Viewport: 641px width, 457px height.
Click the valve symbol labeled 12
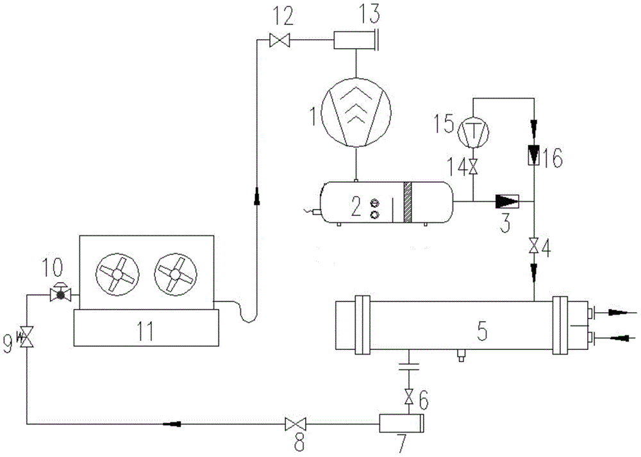pos(279,40)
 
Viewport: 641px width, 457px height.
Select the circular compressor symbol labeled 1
pos(356,112)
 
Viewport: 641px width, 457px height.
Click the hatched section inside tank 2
pos(408,203)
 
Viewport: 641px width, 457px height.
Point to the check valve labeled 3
pos(507,201)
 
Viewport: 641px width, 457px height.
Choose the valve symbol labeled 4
pos(535,246)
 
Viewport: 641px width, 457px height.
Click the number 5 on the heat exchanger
pos(483,332)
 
